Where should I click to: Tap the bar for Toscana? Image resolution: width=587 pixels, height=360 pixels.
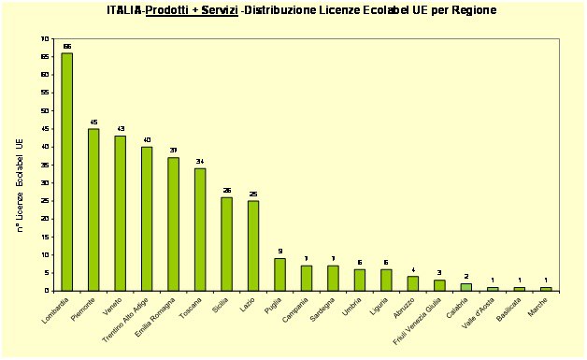(x=200, y=228)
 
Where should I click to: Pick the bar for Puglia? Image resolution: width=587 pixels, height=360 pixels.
(x=279, y=273)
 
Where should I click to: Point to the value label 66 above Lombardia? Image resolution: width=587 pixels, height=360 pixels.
(x=67, y=46)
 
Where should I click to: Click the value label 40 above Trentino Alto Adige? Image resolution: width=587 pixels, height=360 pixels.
(x=147, y=139)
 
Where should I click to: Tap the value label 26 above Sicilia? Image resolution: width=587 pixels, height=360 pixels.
(x=226, y=190)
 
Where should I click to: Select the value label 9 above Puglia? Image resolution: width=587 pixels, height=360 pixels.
(x=279, y=251)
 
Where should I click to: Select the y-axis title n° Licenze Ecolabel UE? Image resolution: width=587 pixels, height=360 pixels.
(x=20, y=186)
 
